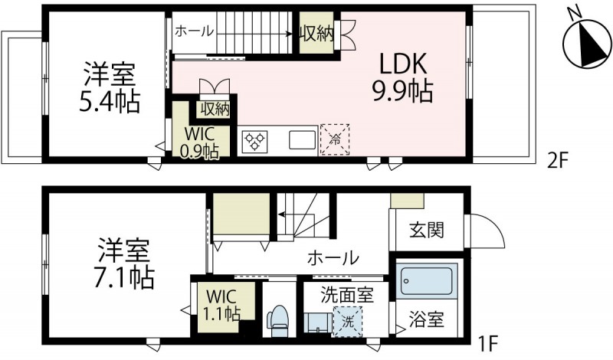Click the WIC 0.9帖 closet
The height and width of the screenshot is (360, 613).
click(x=199, y=140)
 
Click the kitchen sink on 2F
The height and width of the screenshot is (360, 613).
click(x=300, y=141)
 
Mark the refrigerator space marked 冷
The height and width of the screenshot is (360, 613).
click(x=335, y=139)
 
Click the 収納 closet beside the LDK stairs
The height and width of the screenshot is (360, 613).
click(x=316, y=33)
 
